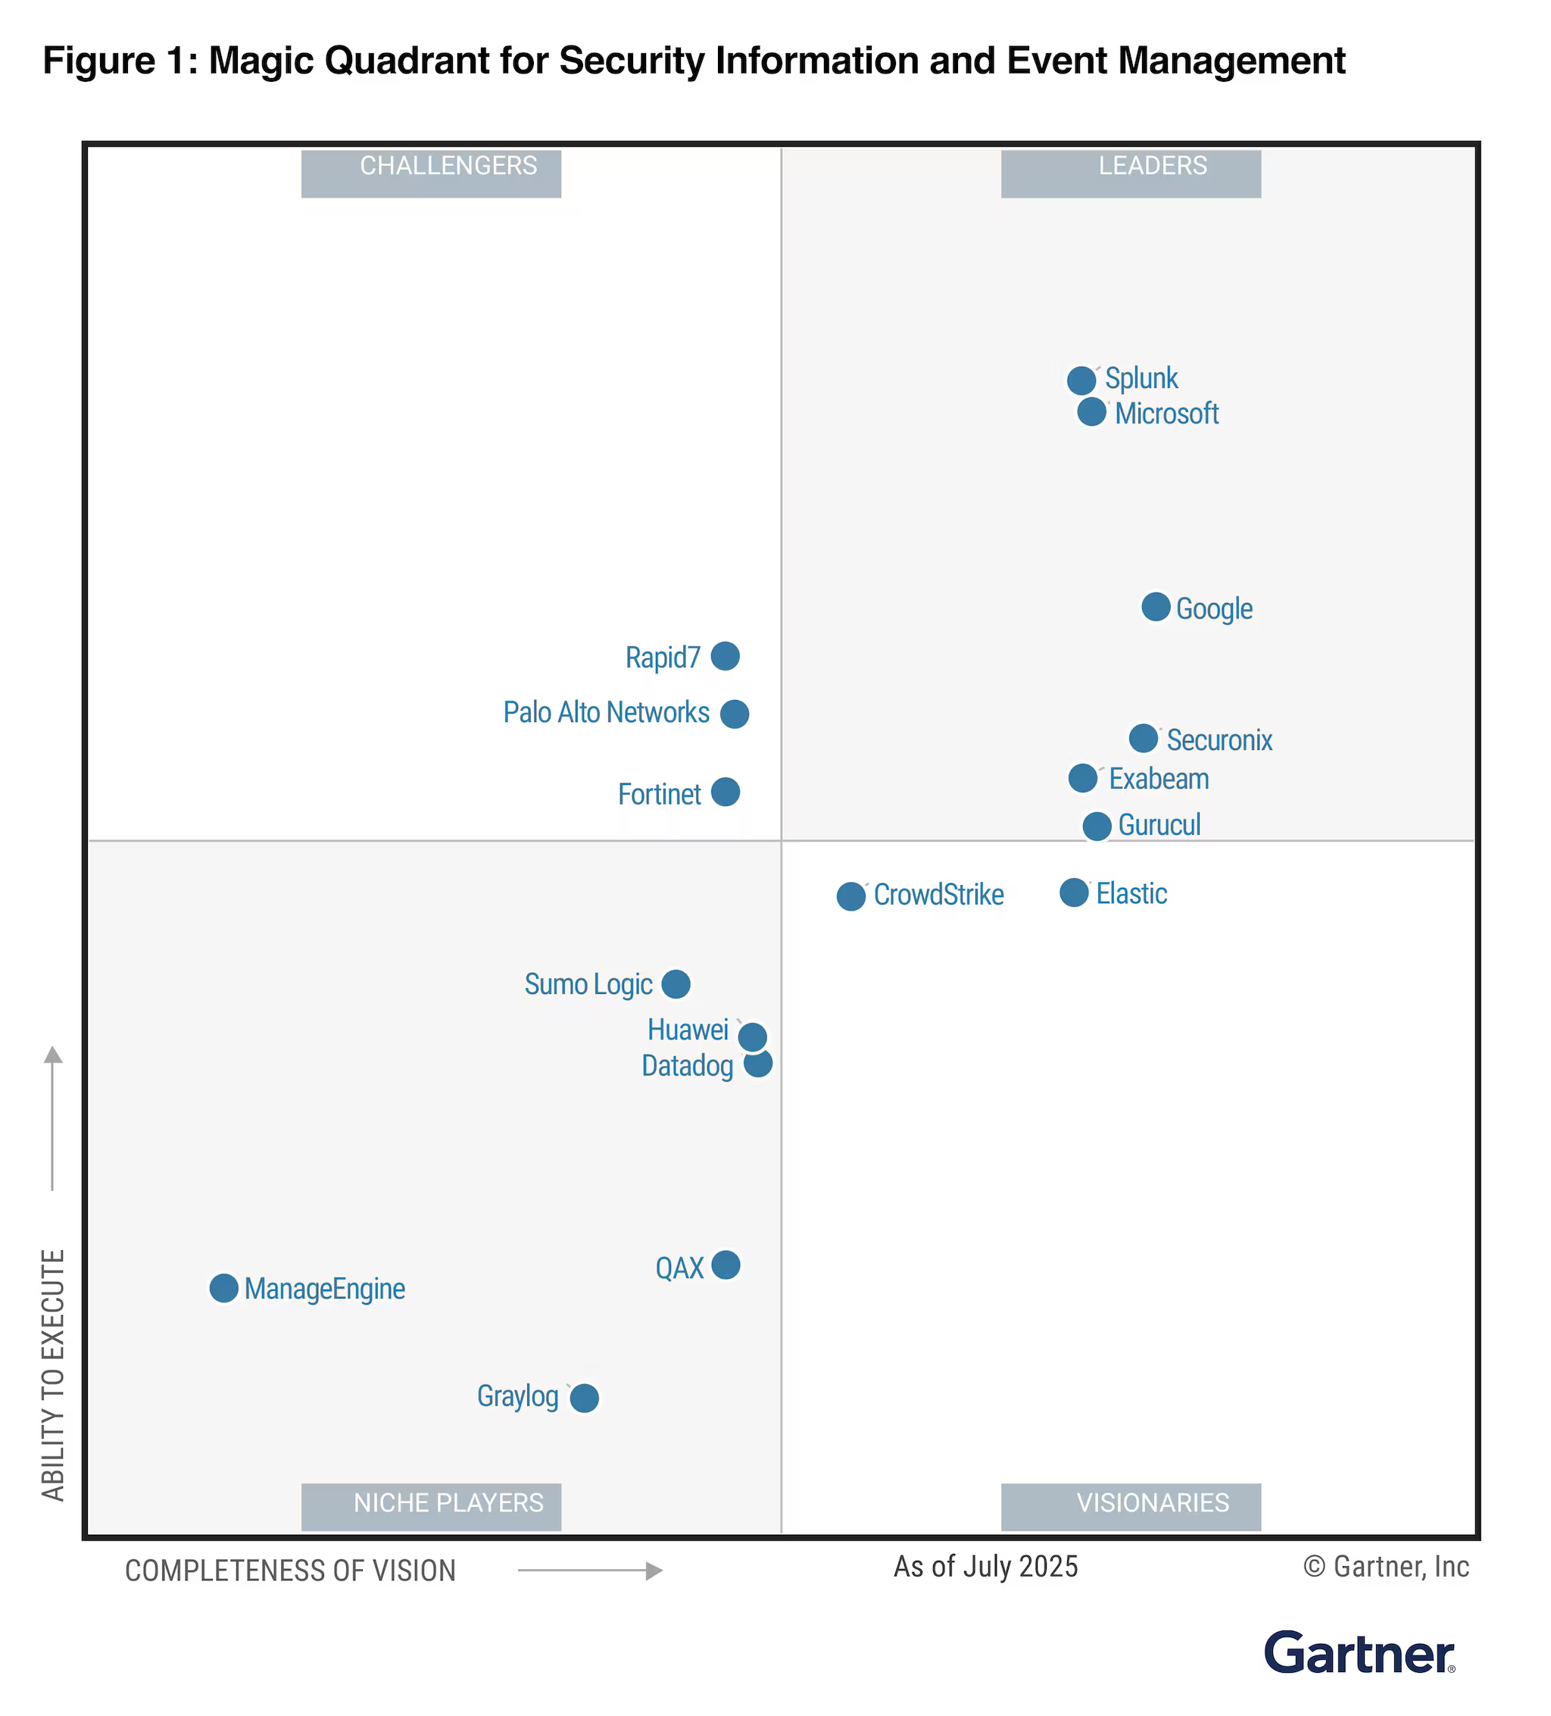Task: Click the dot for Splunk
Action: [1081, 380]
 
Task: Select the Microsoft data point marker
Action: [1091, 412]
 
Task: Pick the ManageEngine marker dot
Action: [223, 1288]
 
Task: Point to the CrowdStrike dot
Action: [850, 896]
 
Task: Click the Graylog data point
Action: [584, 1397]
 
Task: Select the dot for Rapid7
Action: [724, 656]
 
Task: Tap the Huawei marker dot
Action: [751, 1036]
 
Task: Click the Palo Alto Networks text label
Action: [606, 712]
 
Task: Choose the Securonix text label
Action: [1219, 739]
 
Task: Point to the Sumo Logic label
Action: [588, 984]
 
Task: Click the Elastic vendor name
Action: [1131, 894]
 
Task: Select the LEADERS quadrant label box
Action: [1130, 173]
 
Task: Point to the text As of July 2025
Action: [985, 1566]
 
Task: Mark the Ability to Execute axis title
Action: [53, 1374]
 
